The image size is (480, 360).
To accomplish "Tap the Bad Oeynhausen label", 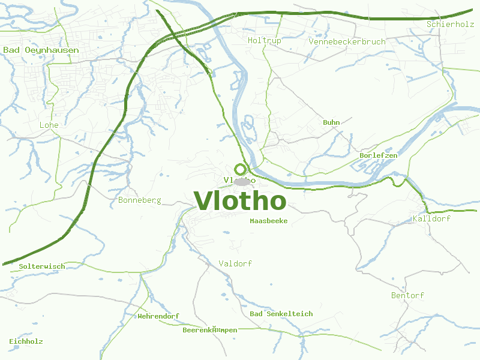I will (41, 50).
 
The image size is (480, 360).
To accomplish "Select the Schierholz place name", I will (450, 24).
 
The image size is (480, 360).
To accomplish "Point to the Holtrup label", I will (264, 40).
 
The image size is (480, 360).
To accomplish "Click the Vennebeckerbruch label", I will (347, 41).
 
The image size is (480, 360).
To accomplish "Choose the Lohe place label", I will (49, 125).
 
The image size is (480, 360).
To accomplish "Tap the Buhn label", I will (331, 122).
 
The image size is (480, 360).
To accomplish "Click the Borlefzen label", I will (378, 155).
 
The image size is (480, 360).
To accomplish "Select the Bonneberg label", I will (140, 200).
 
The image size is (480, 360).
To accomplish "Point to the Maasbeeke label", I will (268, 221).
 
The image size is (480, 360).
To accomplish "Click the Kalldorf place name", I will (431, 218).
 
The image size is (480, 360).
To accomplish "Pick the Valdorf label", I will (235, 263).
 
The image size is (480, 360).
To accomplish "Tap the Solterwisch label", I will (41, 266).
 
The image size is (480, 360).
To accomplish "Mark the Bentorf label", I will (407, 295).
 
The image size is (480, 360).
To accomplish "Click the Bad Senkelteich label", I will (281, 314).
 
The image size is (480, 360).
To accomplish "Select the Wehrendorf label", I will (158, 316).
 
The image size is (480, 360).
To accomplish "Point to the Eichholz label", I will (26, 341).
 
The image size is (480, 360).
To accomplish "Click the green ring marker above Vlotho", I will (241, 170).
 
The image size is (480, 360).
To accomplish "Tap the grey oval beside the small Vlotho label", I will (242, 181).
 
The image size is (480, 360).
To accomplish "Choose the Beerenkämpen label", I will (209, 330).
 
